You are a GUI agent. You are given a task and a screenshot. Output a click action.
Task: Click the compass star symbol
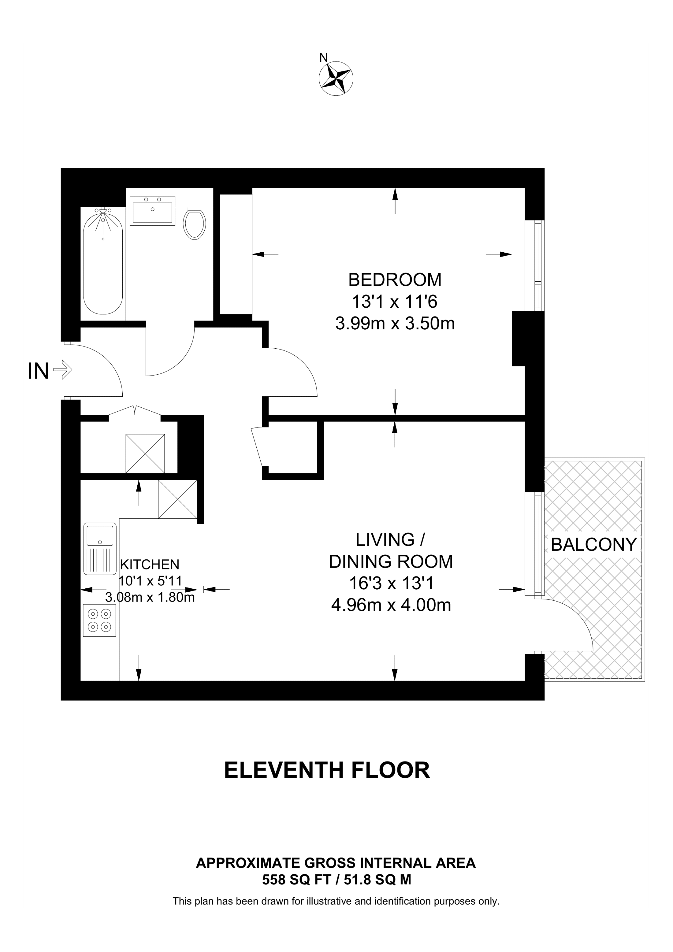pyautogui.click(x=336, y=79)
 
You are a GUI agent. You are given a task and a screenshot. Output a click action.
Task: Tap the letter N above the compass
pyautogui.click(x=323, y=57)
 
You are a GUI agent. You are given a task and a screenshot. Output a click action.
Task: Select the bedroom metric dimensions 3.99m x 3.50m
pyautogui.click(x=395, y=324)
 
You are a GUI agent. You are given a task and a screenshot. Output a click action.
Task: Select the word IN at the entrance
pyautogui.click(x=38, y=371)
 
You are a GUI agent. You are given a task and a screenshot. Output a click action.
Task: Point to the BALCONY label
pyautogui.click(x=594, y=544)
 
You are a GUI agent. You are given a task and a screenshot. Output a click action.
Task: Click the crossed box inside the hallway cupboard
pyautogui.click(x=145, y=454)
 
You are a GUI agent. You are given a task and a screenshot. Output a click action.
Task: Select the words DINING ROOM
pyautogui.click(x=391, y=561)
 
